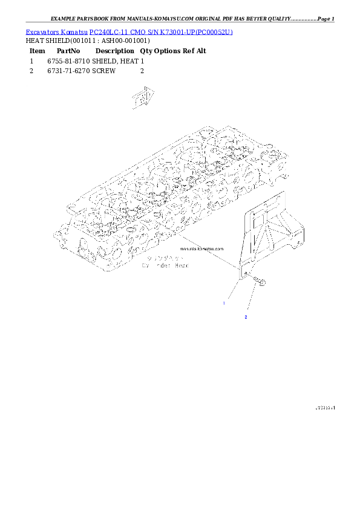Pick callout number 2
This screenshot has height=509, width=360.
pos(245,316)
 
